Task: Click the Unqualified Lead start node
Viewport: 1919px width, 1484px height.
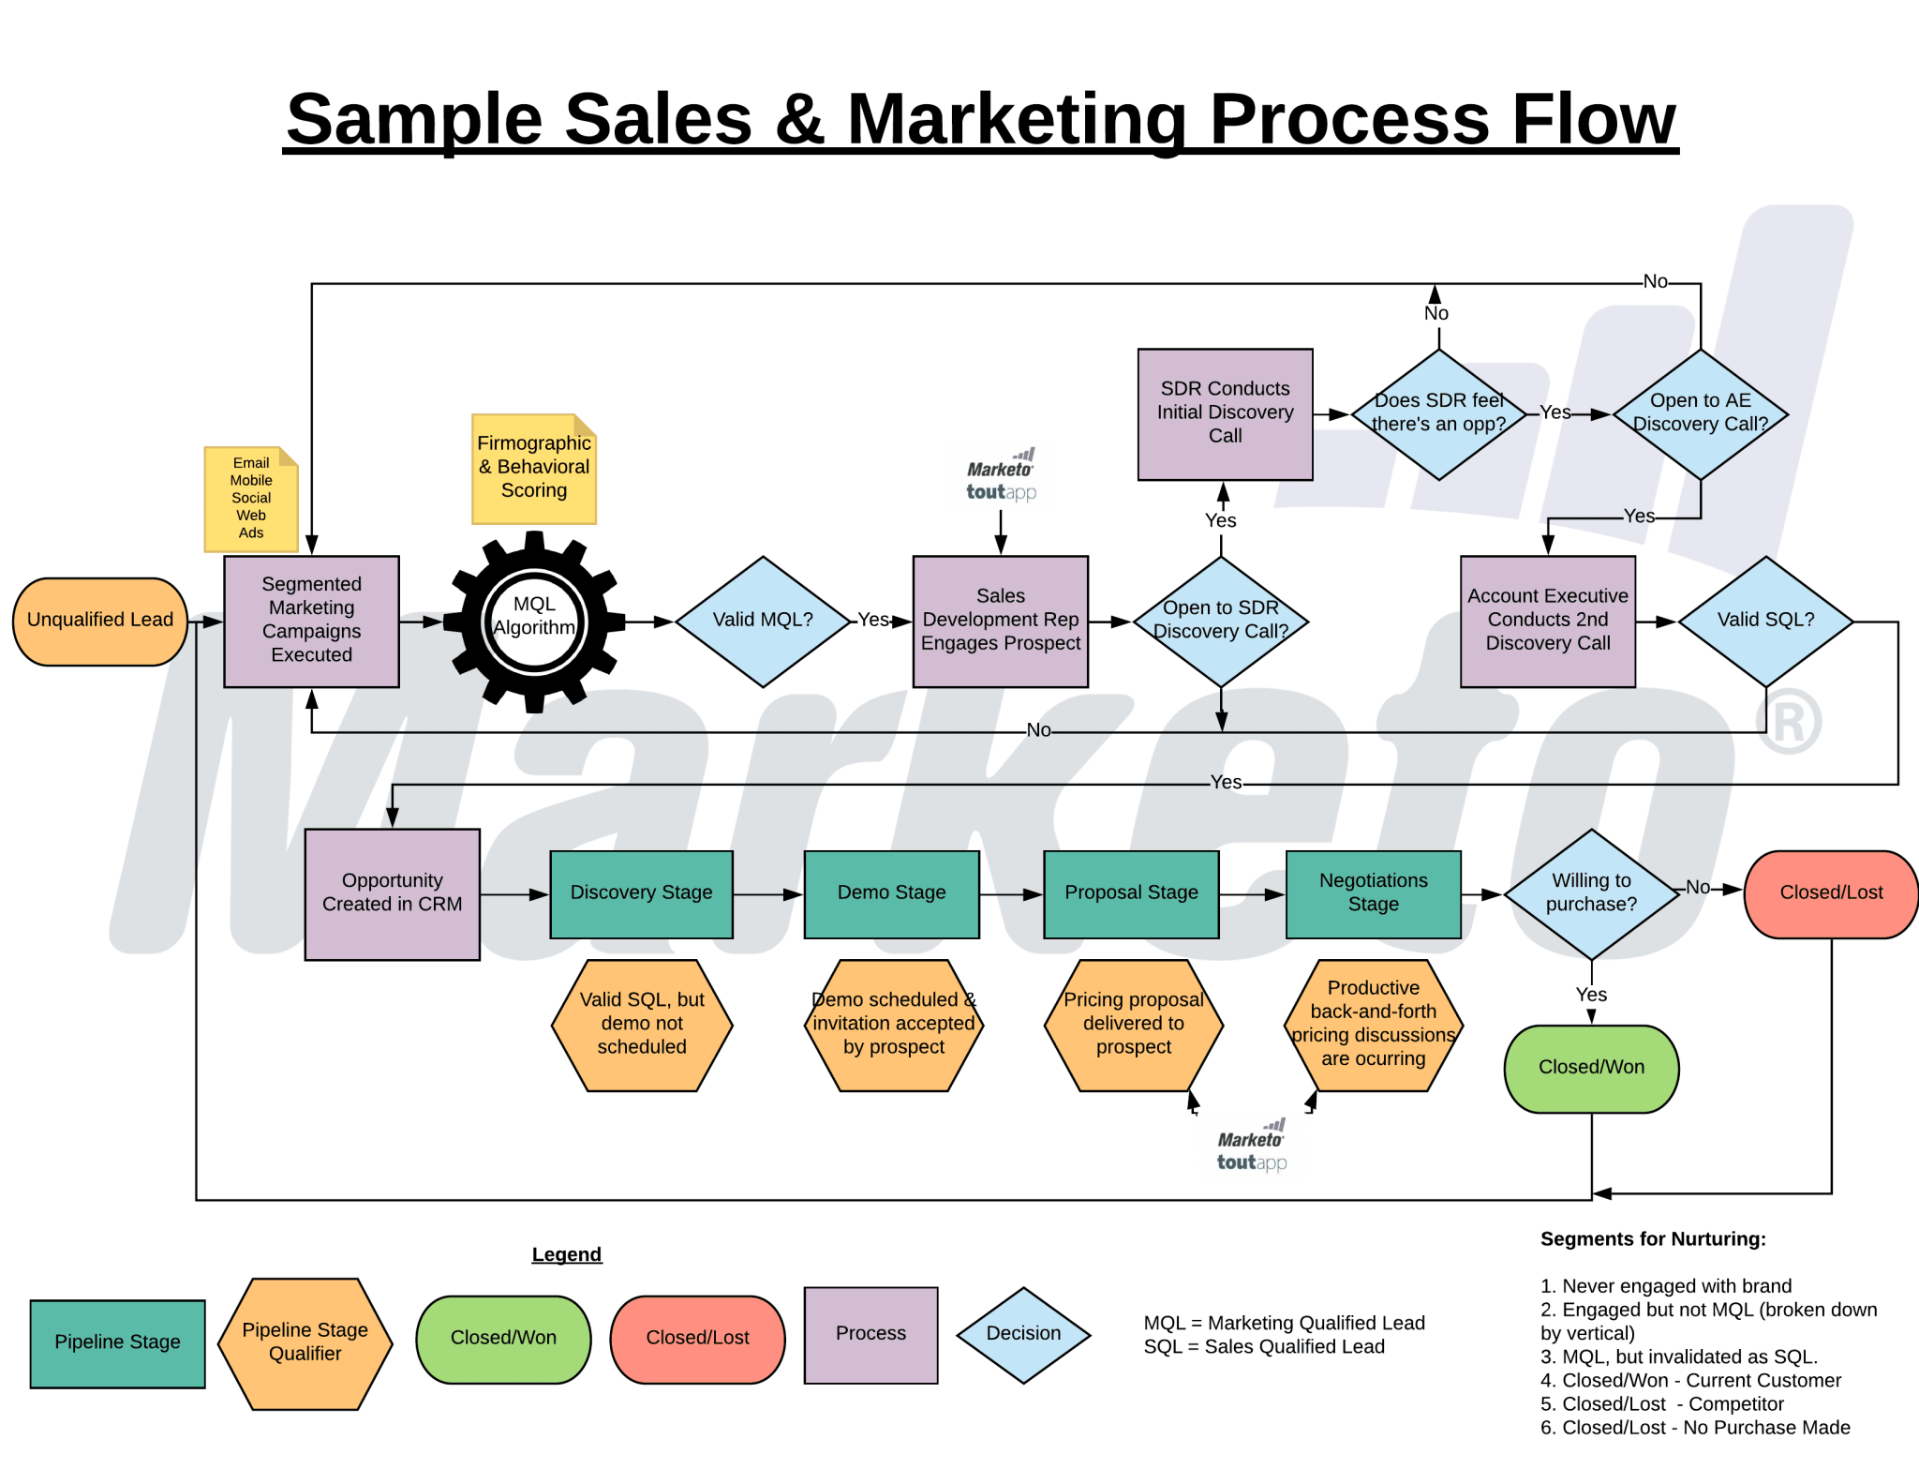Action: click(100, 621)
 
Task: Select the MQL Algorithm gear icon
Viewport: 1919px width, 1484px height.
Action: click(534, 621)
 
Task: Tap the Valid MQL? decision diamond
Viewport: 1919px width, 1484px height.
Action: click(763, 621)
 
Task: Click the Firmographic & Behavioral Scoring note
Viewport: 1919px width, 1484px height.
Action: click(533, 468)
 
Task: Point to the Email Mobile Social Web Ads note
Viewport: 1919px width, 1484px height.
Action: click(250, 499)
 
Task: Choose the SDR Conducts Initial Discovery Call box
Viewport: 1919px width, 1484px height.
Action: click(1225, 413)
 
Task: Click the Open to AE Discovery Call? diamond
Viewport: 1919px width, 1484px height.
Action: click(1700, 413)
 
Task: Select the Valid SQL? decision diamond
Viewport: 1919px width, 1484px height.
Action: click(1765, 621)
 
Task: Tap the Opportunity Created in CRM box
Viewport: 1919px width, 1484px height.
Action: click(392, 893)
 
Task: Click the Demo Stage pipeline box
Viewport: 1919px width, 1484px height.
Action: click(891, 893)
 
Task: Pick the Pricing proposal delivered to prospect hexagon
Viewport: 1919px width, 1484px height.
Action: click(1133, 1024)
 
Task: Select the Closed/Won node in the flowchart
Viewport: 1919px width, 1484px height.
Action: click(1591, 1068)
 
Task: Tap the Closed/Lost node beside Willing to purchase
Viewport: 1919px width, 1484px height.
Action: click(1831, 893)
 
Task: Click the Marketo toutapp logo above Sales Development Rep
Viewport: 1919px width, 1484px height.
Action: click(1001, 478)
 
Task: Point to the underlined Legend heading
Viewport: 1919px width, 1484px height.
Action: click(566, 1254)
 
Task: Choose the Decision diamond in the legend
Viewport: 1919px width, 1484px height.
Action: click(1023, 1334)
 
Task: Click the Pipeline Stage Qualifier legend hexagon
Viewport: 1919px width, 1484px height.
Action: click(305, 1342)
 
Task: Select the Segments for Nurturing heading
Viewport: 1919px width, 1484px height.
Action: click(1653, 1239)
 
